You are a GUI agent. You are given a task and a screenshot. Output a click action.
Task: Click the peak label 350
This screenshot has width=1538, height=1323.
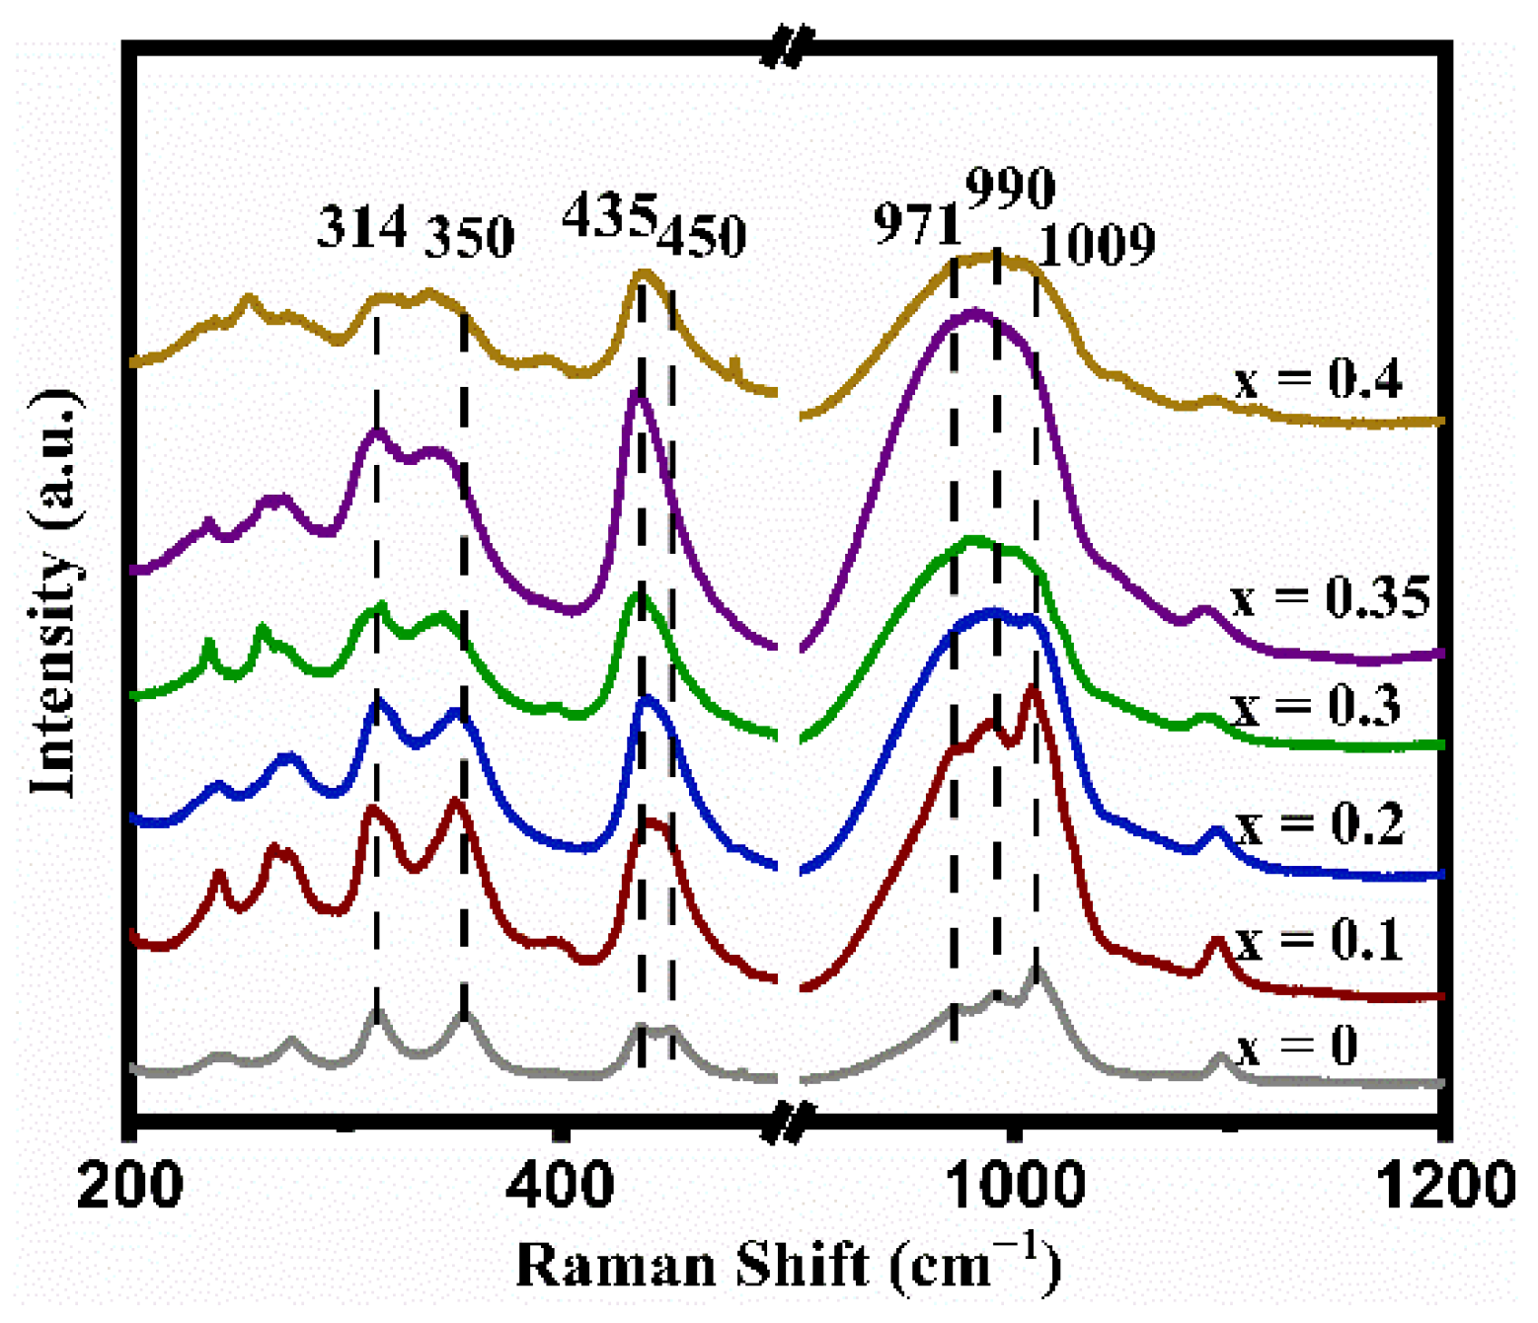pos(470,237)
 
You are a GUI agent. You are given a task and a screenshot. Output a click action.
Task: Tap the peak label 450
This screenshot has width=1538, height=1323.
pos(702,237)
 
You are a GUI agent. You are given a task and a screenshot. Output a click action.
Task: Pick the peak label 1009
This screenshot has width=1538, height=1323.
pos(1098,245)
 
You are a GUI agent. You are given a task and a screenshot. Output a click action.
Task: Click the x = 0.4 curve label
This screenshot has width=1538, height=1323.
pos(1318,379)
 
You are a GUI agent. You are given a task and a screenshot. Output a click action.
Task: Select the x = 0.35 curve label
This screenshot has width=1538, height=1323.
pos(1331,597)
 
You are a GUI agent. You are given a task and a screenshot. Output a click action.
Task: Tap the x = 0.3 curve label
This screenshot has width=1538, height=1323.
pos(1316,707)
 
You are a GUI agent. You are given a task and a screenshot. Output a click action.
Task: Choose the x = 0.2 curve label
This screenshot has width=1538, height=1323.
pos(1320,824)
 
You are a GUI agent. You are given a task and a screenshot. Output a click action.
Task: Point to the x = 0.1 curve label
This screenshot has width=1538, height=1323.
pos(1319,940)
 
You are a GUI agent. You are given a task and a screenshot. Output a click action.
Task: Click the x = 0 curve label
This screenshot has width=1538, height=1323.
pos(1297,1047)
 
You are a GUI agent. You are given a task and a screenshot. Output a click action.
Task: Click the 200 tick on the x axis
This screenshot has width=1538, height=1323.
pos(129,1186)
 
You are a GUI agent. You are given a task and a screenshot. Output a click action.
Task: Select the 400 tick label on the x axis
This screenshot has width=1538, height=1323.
pos(560,1186)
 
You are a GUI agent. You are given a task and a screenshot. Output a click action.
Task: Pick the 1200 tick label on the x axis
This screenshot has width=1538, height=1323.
pos(1445,1186)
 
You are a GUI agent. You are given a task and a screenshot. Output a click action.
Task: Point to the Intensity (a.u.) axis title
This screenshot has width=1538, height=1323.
pos(55,592)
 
